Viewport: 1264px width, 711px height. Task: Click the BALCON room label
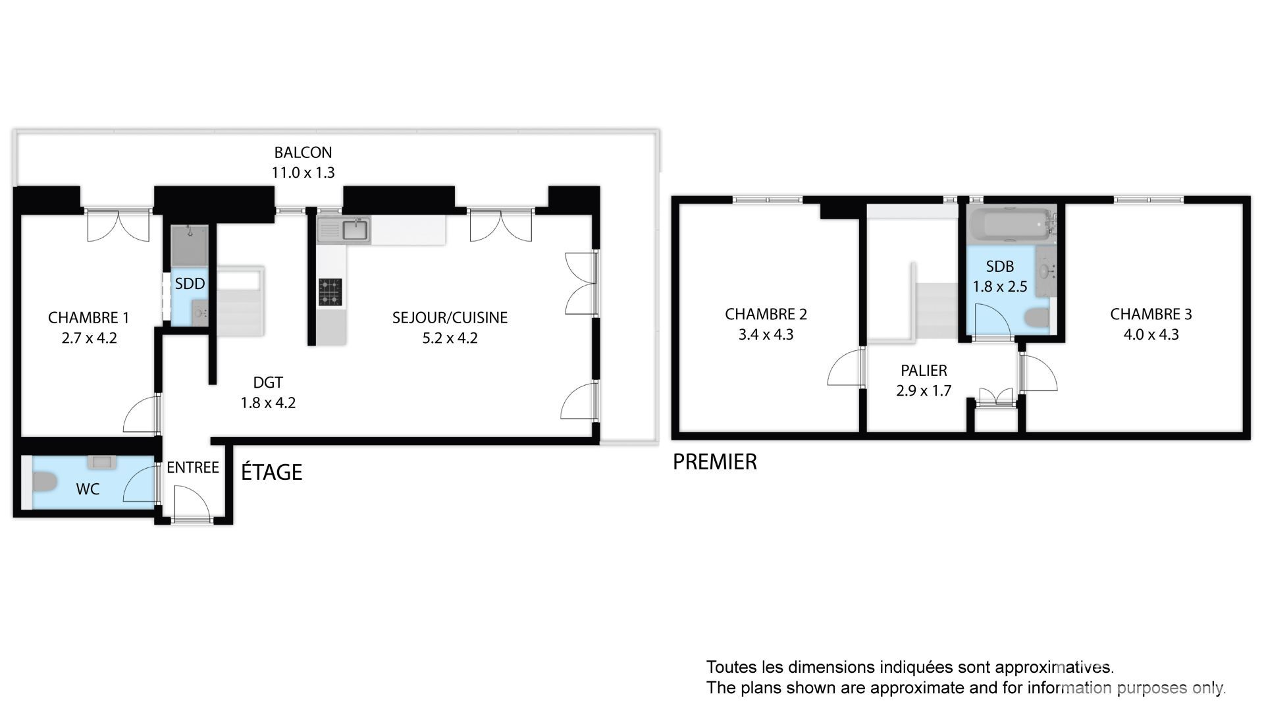click(303, 153)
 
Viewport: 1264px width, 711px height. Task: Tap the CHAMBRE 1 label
click(88, 318)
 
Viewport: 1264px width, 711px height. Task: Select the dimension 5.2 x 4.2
click(450, 338)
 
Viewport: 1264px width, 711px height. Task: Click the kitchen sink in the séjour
click(355, 230)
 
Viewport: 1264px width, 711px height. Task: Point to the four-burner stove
click(330, 292)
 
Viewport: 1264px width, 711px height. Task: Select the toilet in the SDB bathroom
click(1037, 318)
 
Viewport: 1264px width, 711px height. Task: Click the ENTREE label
click(192, 467)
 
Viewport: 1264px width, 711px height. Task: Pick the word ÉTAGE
click(271, 472)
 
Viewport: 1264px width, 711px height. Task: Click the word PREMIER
click(714, 462)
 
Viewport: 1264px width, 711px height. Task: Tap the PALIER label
click(924, 371)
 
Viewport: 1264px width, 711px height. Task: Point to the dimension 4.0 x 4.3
click(1151, 334)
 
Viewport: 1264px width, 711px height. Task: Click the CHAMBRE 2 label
click(766, 315)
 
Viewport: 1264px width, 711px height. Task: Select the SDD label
click(190, 284)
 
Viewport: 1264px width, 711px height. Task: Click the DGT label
click(268, 382)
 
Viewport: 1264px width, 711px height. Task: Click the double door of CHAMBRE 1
click(118, 225)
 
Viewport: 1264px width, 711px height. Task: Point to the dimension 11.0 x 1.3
click(303, 172)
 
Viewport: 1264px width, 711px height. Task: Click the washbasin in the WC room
click(102, 461)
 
